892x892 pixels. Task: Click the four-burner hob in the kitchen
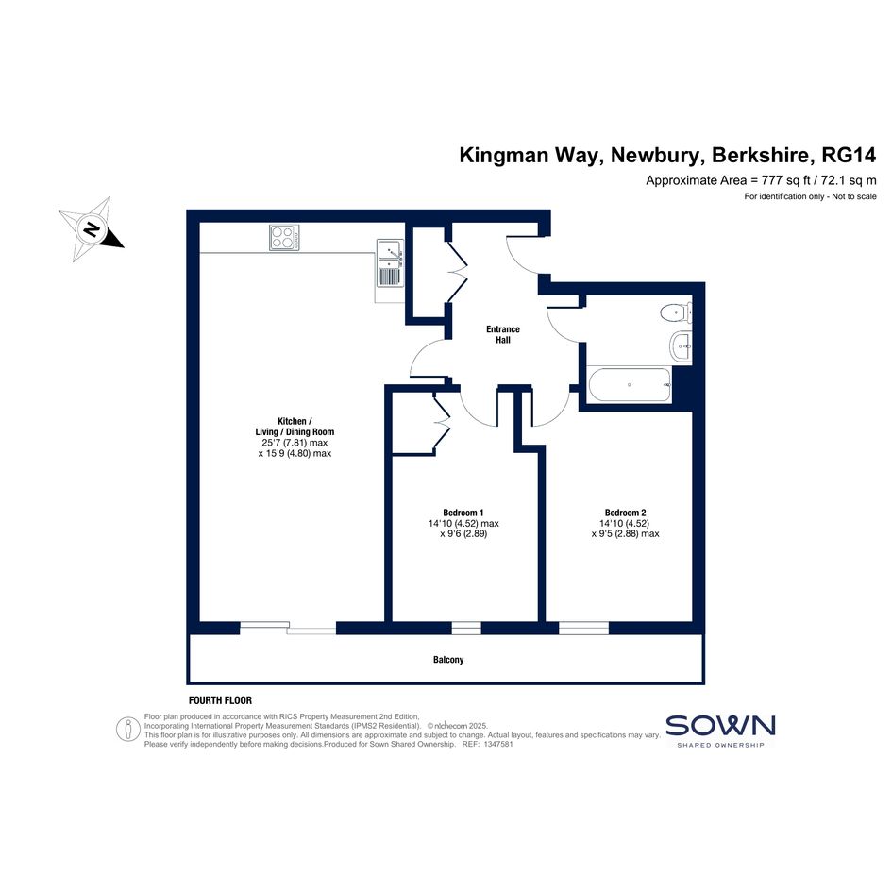(x=284, y=237)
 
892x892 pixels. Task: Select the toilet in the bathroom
(x=677, y=311)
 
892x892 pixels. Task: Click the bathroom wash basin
(x=682, y=345)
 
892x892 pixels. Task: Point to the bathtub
(x=630, y=385)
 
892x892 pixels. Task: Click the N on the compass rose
(x=91, y=228)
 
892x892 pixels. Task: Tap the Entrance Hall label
(x=503, y=334)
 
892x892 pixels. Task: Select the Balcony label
(x=448, y=660)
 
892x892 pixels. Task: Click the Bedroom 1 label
(x=463, y=513)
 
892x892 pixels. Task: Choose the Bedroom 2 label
(x=625, y=513)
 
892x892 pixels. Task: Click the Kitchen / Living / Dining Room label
(x=295, y=426)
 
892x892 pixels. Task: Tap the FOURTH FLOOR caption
(x=220, y=700)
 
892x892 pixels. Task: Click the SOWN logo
(x=720, y=731)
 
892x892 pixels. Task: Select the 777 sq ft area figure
(x=785, y=181)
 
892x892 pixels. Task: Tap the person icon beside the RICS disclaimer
(x=128, y=729)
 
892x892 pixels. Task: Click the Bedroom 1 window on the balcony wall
(x=466, y=628)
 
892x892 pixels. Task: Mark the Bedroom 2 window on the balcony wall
(x=583, y=628)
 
